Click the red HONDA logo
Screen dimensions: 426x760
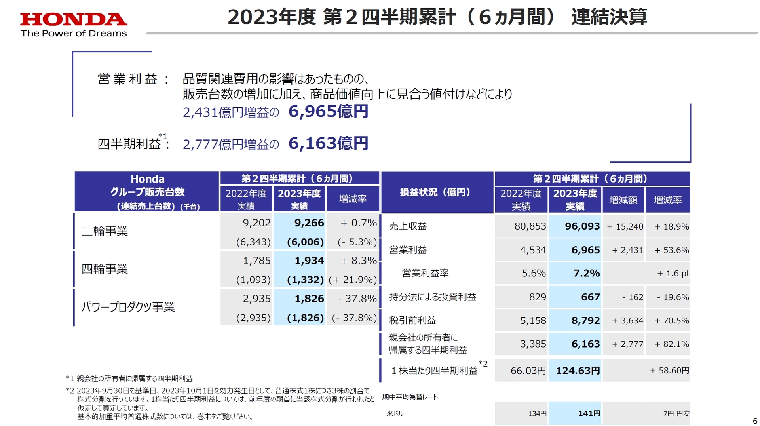[x=74, y=19]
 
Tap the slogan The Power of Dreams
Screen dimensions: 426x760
[x=74, y=34]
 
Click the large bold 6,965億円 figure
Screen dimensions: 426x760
[x=328, y=111]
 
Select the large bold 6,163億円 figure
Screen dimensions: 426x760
[x=328, y=143]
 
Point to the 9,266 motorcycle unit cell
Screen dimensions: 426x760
[x=309, y=223]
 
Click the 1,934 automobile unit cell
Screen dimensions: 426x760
[x=309, y=261]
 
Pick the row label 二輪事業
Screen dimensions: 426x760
[x=105, y=231]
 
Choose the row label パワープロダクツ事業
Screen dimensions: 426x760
[x=128, y=307]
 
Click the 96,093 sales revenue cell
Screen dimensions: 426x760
[x=582, y=226]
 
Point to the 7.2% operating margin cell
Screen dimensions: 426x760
[x=586, y=273]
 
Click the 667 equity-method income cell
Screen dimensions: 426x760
[x=590, y=297]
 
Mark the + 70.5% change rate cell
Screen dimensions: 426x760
[x=671, y=320]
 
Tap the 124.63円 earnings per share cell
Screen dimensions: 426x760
[x=578, y=371]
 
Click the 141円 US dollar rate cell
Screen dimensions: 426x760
[x=589, y=413]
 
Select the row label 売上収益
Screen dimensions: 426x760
[x=408, y=226]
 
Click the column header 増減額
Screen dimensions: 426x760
[x=623, y=200]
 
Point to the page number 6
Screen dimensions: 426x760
[x=755, y=421]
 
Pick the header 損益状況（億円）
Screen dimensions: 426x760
[x=435, y=192]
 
